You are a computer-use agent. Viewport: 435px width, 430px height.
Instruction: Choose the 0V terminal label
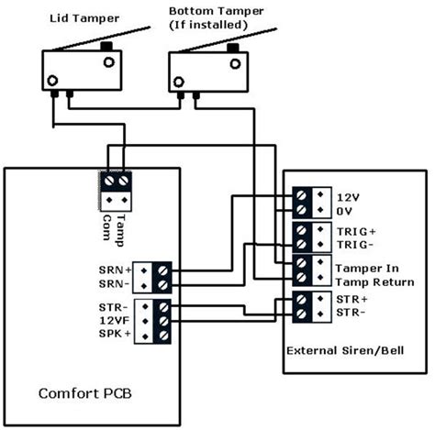tap(344, 211)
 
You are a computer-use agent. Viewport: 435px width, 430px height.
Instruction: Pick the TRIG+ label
tap(353, 232)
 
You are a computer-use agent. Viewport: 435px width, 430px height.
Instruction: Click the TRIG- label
tap(353, 245)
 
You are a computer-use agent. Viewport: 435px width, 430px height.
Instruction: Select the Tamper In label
tap(362, 266)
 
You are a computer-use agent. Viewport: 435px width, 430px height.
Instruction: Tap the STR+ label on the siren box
tap(351, 300)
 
